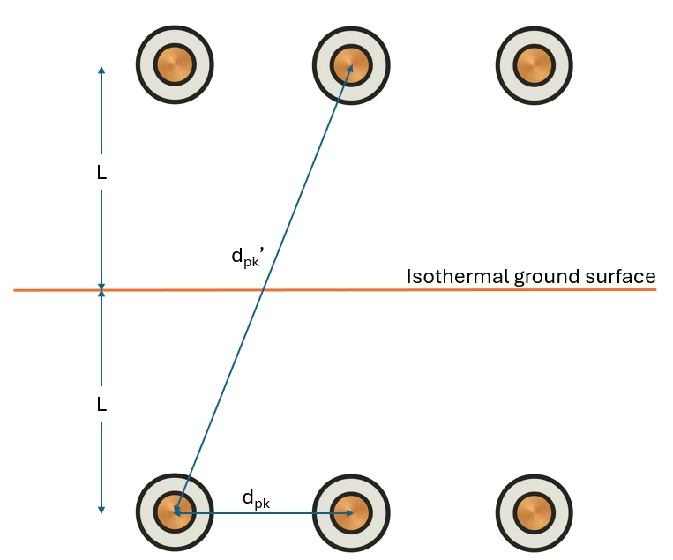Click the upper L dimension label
(101, 174)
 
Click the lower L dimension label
(101, 405)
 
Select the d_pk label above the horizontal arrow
(256, 499)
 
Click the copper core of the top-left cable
(175, 64)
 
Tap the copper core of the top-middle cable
(351, 64)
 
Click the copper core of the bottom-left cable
(175, 512)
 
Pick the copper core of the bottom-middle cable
(351, 512)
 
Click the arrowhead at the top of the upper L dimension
(101, 70)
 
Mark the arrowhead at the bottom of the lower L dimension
(101, 509)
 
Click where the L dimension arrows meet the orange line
(101, 289)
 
